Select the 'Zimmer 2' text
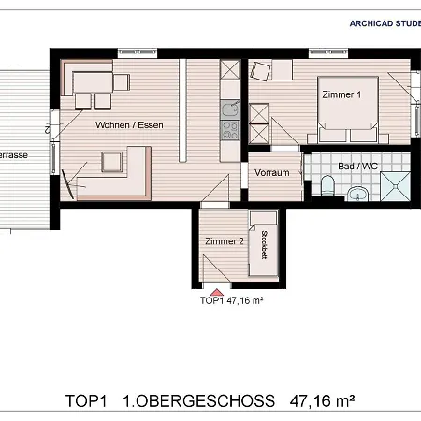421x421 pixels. point(224,241)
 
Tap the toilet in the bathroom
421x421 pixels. point(326,189)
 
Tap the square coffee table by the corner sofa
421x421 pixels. point(112,164)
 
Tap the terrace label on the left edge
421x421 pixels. point(10,154)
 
